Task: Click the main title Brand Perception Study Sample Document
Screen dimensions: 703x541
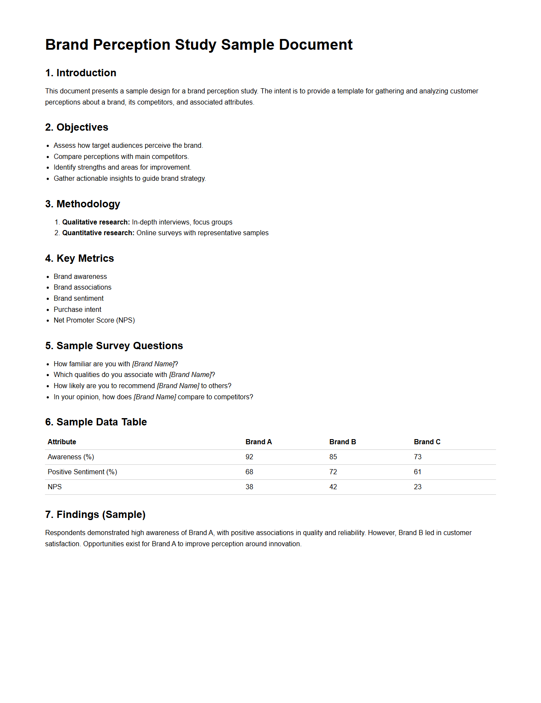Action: (199, 45)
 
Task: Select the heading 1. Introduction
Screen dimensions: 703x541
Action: (81, 73)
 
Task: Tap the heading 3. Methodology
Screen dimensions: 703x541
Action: (82, 204)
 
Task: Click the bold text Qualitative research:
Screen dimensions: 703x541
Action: (96, 222)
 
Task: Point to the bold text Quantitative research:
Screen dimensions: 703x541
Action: (98, 233)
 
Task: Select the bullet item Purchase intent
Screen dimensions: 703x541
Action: (78, 309)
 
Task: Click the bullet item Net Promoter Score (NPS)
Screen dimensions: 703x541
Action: (94, 320)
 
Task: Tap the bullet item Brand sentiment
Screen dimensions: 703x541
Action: (78, 298)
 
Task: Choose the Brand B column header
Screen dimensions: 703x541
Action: (342, 442)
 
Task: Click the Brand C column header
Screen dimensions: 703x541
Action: (427, 442)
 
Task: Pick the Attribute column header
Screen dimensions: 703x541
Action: (62, 442)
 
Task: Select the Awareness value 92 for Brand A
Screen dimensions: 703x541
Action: (249, 457)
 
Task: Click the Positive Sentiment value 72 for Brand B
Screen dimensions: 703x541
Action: (333, 472)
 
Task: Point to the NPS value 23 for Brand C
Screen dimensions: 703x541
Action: (417, 487)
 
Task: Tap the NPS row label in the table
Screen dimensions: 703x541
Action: (54, 487)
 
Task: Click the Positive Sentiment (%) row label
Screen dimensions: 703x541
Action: (82, 472)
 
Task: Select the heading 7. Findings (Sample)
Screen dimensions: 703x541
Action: (95, 515)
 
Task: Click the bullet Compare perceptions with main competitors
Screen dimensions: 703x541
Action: (121, 156)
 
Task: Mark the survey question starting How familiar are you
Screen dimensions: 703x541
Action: (116, 364)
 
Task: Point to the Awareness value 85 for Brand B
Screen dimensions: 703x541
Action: (333, 457)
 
